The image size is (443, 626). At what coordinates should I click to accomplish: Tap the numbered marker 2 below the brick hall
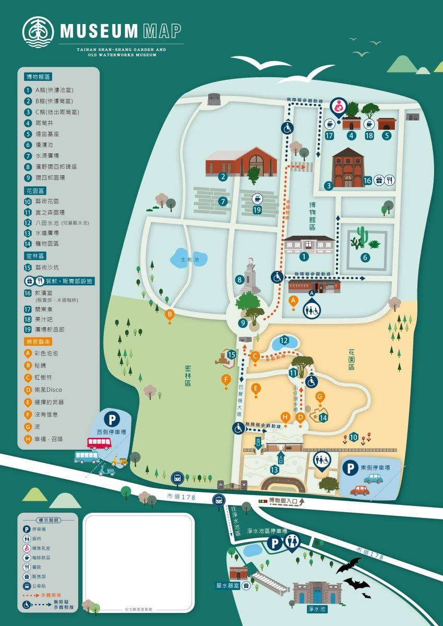(223, 176)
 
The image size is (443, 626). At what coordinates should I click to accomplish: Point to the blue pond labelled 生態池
(188, 258)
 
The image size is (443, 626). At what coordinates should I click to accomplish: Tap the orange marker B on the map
(170, 315)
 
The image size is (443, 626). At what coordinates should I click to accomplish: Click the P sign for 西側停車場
(111, 418)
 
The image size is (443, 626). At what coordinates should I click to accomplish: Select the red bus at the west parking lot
(99, 443)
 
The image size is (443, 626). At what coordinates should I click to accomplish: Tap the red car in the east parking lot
(360, 490)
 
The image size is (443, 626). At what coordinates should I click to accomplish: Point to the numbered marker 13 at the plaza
(274, 470)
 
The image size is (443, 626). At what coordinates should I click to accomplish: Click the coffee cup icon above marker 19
(257, 198)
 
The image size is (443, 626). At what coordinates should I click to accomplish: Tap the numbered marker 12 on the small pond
(284, 340)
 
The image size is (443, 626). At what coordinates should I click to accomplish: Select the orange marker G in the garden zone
(320, 397)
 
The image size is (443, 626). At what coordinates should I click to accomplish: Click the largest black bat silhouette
(349, 565)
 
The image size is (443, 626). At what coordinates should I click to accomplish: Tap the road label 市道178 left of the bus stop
(182, 497)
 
